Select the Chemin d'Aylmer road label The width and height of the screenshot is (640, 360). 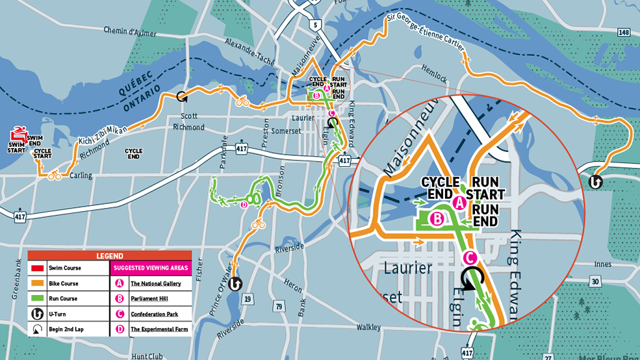pyautogui.click(x=130, y=30)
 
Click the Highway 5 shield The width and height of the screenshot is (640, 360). pyautogui.click(x=316, y=25)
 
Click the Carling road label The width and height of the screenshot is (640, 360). pyautogui.click(x=81, y=175)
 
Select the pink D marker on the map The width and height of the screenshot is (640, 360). pyautogui.click(x=244, y=205)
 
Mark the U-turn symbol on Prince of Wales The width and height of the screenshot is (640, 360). pyautogui.click(x=235, y=283)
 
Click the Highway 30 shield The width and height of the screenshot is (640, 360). pyautogui.click(x=595, y=281)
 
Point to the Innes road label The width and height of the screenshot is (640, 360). pyautogui.click(x=602, y=264)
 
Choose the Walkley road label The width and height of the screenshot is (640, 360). pyautogui.click(x=368, y=327)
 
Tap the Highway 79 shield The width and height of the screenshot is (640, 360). pyautogui.click(x=279, y=305)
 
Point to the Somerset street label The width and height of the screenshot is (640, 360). pyautogui.click(x=286, y=131)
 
